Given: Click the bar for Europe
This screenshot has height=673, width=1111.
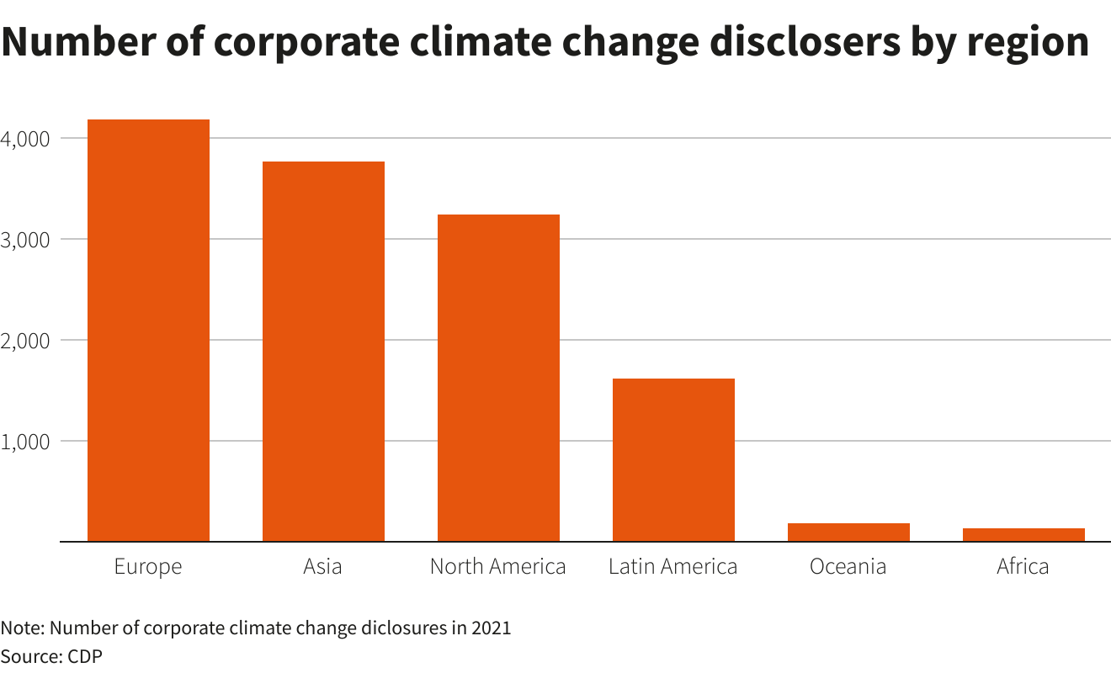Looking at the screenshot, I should (x=148, y=331).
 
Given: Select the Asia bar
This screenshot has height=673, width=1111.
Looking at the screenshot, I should (x=323, y=352).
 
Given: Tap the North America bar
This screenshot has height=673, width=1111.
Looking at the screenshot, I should (x=498, y=378).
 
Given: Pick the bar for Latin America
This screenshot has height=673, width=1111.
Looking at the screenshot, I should (x=673, y=460).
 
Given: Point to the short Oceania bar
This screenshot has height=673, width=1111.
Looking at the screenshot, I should (x=848, y=533).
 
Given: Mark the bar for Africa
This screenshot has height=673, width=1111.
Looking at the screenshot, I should (x=1023, y=535).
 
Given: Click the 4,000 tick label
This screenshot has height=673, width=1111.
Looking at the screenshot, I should (x=28, y=138).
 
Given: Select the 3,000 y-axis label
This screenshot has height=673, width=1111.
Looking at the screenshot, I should (x=28, y=239).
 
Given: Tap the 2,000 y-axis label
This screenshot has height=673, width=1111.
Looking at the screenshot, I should (x=28, y=340).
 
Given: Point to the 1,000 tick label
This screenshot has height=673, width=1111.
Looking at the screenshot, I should (x=28, y=441).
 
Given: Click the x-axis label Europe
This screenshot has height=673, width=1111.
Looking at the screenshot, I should (x=148, y=567).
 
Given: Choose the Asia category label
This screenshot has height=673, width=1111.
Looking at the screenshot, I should (x=323, y=567).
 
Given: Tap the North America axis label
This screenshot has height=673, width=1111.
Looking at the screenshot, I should (x=498, y=567).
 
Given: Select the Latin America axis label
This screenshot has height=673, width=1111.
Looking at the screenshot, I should (x=673, y=567).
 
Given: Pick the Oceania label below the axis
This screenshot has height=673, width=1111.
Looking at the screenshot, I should (x=848, y=567).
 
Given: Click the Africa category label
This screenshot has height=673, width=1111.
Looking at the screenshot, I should (x=1023, y=567).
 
